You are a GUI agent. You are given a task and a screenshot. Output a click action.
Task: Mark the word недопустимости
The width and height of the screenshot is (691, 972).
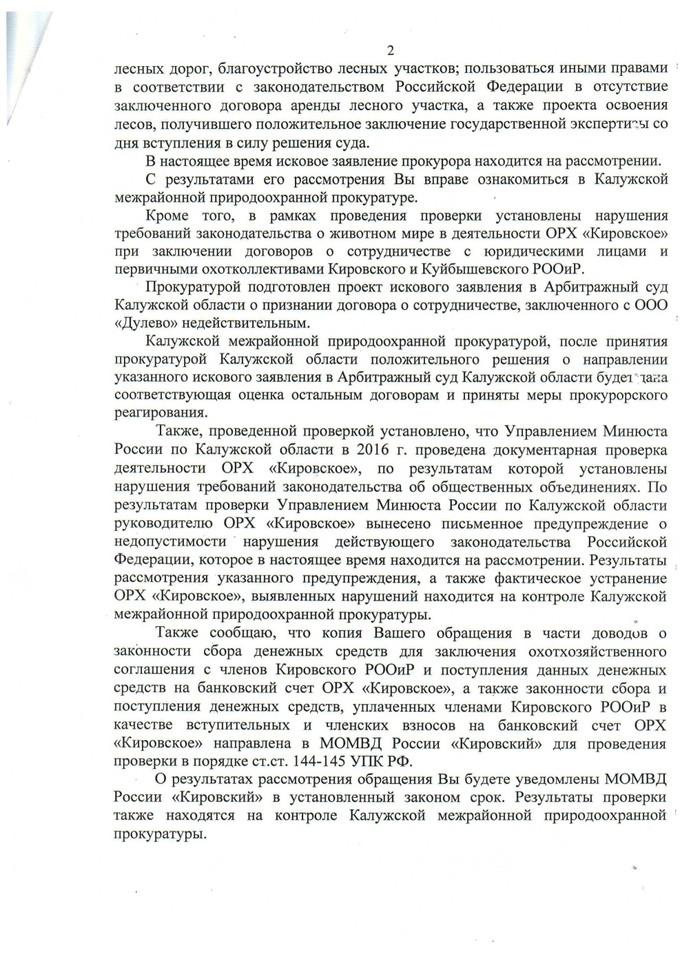click(x=169, y=541)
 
